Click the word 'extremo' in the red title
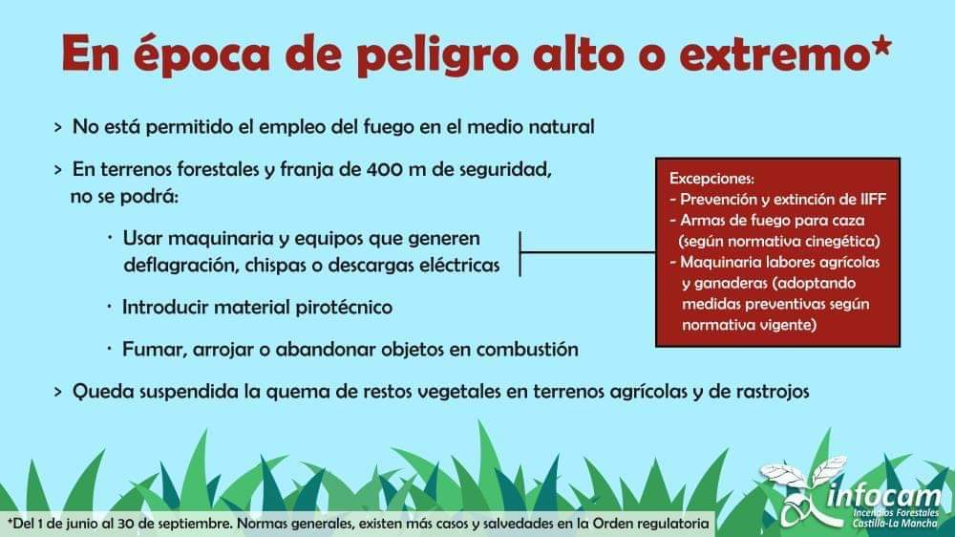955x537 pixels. click(774, 54)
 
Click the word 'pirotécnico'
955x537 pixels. click(344, 308)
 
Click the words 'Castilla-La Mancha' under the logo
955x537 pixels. click(895, 524)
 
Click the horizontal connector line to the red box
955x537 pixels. click(587, 251)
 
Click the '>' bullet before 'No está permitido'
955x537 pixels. click(58, 128)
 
